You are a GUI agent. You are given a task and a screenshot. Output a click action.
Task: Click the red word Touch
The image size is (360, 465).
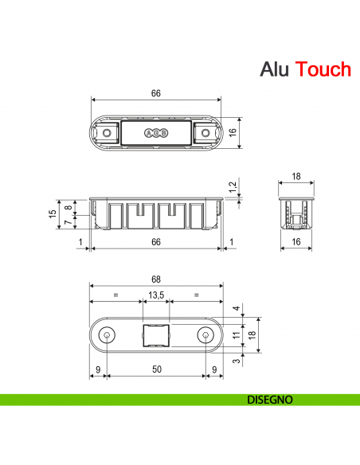pyautogui.click(x=323, y=69)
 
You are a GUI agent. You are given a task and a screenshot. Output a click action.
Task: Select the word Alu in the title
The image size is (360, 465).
pyautogui.click(x=275, y=69)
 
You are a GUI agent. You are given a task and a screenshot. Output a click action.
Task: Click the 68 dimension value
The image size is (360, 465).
pyautogui.click(x=156, y=279)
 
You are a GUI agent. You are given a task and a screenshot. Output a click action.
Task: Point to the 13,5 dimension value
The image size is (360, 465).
pyautogui.click(x=156, y=295)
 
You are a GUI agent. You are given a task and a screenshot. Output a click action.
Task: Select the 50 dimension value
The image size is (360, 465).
pyautogui.click(x=156, y=369)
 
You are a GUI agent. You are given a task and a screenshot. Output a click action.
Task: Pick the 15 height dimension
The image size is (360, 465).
pyautogui.click(x=52, y=214)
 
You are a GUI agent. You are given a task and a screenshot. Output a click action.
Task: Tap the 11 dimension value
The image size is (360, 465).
pyautogui.click(x=235, y=337)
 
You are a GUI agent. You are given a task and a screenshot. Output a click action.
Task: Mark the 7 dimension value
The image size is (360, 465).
pyautogui.click(x=68, y=222)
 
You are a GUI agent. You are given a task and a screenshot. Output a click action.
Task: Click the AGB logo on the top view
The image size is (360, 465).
pyautogui.click(x=156, y=133)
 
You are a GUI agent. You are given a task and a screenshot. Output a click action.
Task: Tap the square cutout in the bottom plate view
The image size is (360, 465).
pyautogui.click(x=156, y=337)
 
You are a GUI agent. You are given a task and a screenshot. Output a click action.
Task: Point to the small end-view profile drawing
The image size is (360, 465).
pyautogui.click(x=295, y=211)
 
